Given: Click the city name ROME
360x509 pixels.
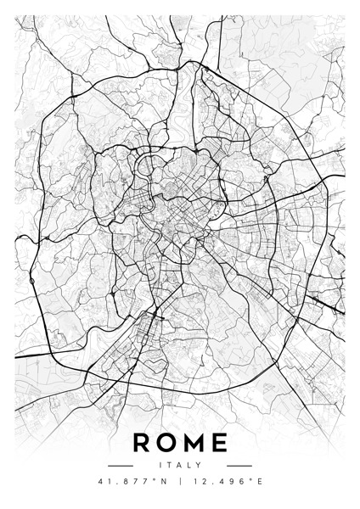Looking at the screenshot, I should pos(180,442).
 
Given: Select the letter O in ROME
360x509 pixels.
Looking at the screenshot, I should pos(167,442).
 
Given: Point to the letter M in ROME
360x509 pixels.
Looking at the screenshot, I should pos(194,442).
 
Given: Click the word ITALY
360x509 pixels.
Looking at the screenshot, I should pos(180,465).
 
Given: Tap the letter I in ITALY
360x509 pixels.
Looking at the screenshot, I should pos(160,465).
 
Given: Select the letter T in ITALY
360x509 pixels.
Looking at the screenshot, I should pos(169,465).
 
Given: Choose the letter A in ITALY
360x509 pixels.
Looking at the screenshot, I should pos(179,465).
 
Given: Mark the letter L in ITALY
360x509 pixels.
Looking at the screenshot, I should pos(189,465).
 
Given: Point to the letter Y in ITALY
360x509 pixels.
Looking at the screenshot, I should pos(199,465).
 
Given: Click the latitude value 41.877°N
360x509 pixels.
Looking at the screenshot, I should pos(134,484).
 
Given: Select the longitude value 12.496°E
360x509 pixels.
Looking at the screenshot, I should pos(227,484).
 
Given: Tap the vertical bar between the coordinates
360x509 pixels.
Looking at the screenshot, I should pos(181,484).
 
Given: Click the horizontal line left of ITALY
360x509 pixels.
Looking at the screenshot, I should pos(121,466).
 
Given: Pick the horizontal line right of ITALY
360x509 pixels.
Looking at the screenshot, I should pos(239,466).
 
